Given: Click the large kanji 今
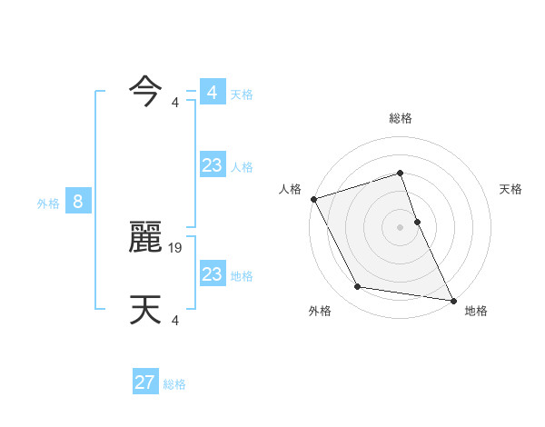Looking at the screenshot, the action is pyautogui.click(x=145, y=91).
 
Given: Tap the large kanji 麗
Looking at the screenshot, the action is pyautogui.click(x=145, y=238).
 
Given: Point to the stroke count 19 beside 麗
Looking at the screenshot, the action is pyautogui.click(x=177, y=247).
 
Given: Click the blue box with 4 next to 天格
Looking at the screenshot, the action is pyautogui.click(x=212, y=93).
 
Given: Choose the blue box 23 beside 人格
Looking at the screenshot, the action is pyautogui.click(x=212, y=165).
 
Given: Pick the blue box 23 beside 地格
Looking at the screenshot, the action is pyautogui.click(x=212, y=274).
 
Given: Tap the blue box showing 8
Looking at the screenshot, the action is pyautogui.click(x=78, y=202).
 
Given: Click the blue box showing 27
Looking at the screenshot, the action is pyautogui.click(x=144, y=382).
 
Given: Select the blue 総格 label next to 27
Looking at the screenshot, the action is pyautogui.click(x=174, y=384).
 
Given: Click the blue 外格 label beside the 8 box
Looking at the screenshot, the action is pyautogui.click(x=48, y=204).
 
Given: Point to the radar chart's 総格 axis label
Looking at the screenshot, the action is pyautogui.click(x=401, y=118).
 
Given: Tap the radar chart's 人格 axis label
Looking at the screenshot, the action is pyautogui.click(x=290, y=189).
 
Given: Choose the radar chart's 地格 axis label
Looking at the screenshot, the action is pyautogui.click(x=476, y=312).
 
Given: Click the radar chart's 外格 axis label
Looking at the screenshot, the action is pyautogui.click(x=320, y=312).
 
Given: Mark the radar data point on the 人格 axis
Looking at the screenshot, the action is pyautogui.click(x=313, y=199).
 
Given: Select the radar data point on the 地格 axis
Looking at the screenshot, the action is pyautogui.click(x=452, y=299).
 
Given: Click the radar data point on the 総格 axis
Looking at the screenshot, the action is pyautogui.click(x=401, y=174).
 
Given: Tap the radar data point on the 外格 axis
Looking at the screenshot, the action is pyautogui.click(x=358, y=287).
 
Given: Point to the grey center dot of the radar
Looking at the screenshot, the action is pyautogui.click(x=401, y=227).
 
